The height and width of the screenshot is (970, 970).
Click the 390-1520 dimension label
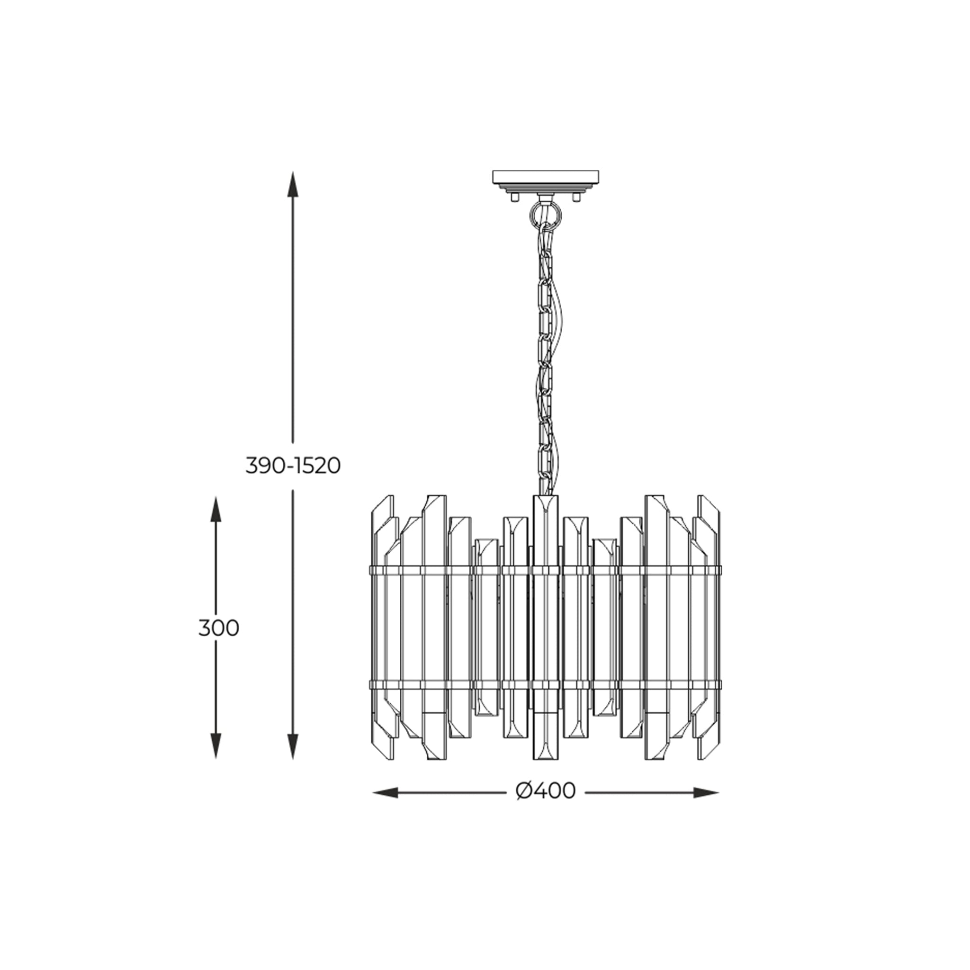293,467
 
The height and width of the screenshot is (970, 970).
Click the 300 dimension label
218,628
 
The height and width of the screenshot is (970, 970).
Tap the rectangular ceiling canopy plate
545,177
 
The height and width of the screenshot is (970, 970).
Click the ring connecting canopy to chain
546,214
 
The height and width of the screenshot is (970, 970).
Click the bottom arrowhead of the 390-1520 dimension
293,759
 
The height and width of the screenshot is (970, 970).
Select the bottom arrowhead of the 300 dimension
216,759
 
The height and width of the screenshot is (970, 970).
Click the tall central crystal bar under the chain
546,628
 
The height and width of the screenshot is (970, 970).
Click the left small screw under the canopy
514,198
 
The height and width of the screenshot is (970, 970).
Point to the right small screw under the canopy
576,198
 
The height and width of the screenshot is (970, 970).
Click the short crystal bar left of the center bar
486,628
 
